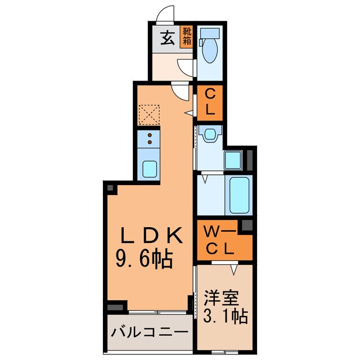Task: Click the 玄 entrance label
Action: [167, 39]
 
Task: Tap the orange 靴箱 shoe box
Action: [187, 35]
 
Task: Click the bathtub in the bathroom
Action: [238, 195]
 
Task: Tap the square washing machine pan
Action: [234, 160]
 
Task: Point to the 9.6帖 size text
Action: [143, 259]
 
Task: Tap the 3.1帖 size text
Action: [223, 317]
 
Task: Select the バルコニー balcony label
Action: [148, 332]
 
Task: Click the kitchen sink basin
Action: [150, 168]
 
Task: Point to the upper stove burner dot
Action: [150, 135]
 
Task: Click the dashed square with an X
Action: [149, 116]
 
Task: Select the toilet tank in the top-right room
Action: [209, 33]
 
